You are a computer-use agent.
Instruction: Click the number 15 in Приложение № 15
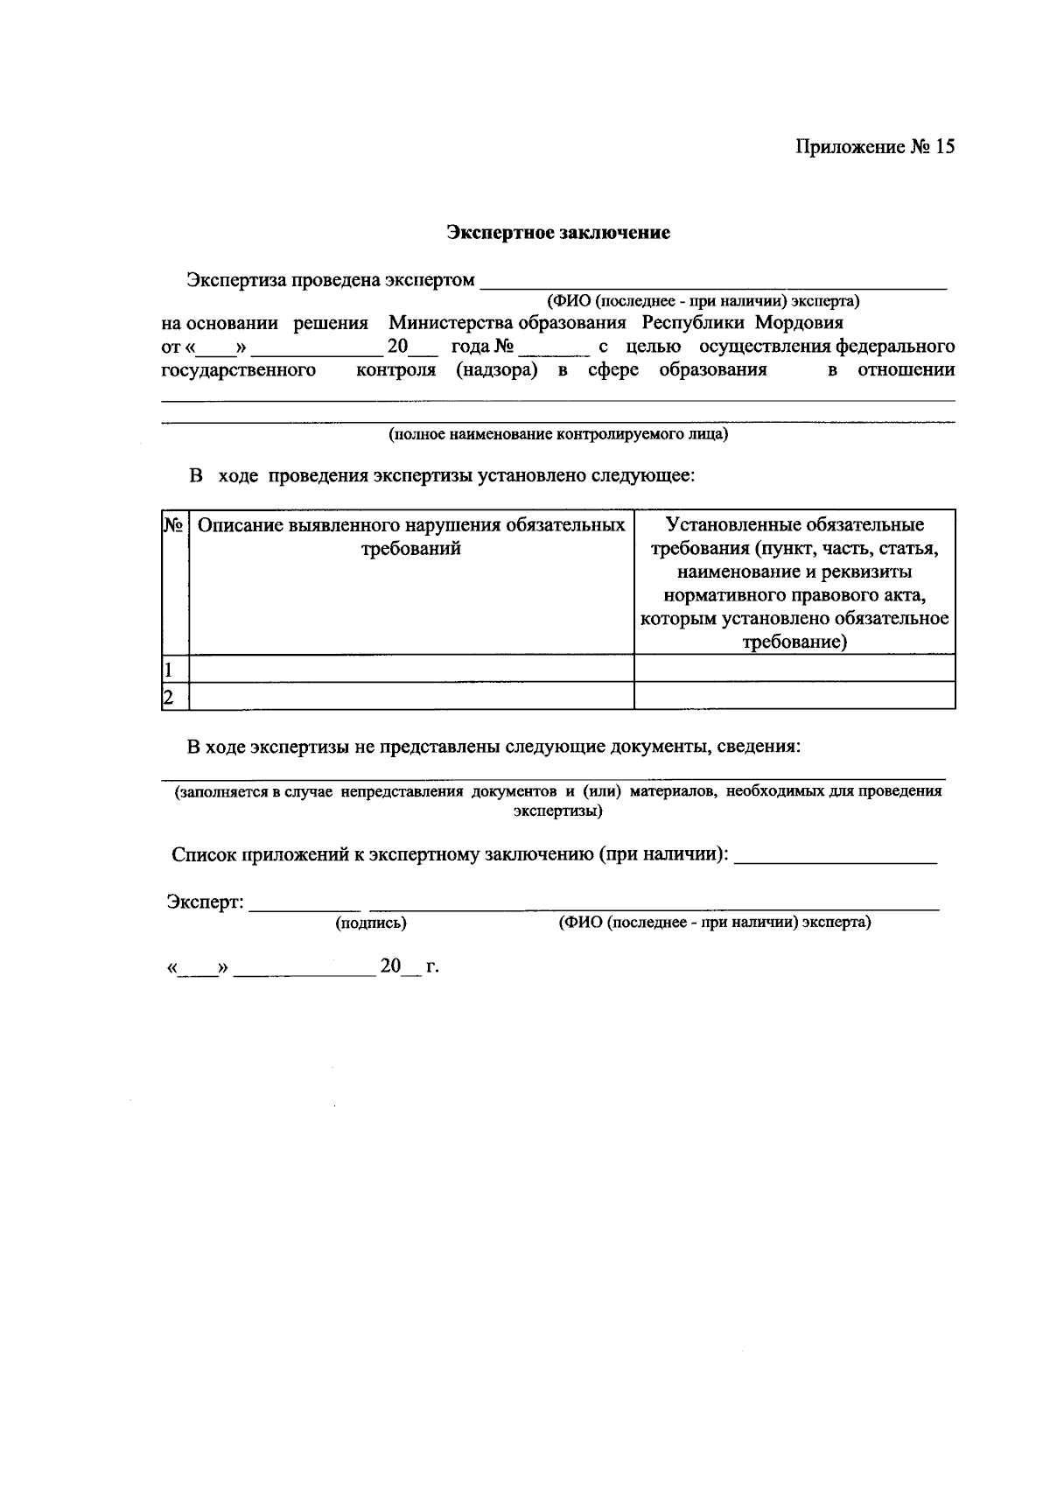[x=944, y=146]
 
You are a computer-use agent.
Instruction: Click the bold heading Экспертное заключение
[x=558, y=233]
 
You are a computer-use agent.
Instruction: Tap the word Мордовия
[x=799, y=323]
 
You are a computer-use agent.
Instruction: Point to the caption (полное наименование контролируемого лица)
[x=558, y=433]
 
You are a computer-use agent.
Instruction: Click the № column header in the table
[x=173, y=525]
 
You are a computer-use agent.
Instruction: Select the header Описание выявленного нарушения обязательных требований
[x=411, y=537]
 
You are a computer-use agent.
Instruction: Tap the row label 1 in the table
[x=168, y=670]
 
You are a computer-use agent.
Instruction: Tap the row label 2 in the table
[x=168, y=697]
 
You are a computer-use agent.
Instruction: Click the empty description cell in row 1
[x=411, y=670]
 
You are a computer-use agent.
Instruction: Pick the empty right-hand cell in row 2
[x=794, y=697]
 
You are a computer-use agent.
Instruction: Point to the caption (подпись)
[x=371, y=923]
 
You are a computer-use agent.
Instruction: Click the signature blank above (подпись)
[x=304, y=907]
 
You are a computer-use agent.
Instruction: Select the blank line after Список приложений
[x=836, y=860]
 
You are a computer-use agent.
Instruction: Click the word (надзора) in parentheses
[x=496, y=370]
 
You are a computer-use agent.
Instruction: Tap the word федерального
[x=895, y=347]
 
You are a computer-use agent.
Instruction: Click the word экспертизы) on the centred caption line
[x=557, y=811]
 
